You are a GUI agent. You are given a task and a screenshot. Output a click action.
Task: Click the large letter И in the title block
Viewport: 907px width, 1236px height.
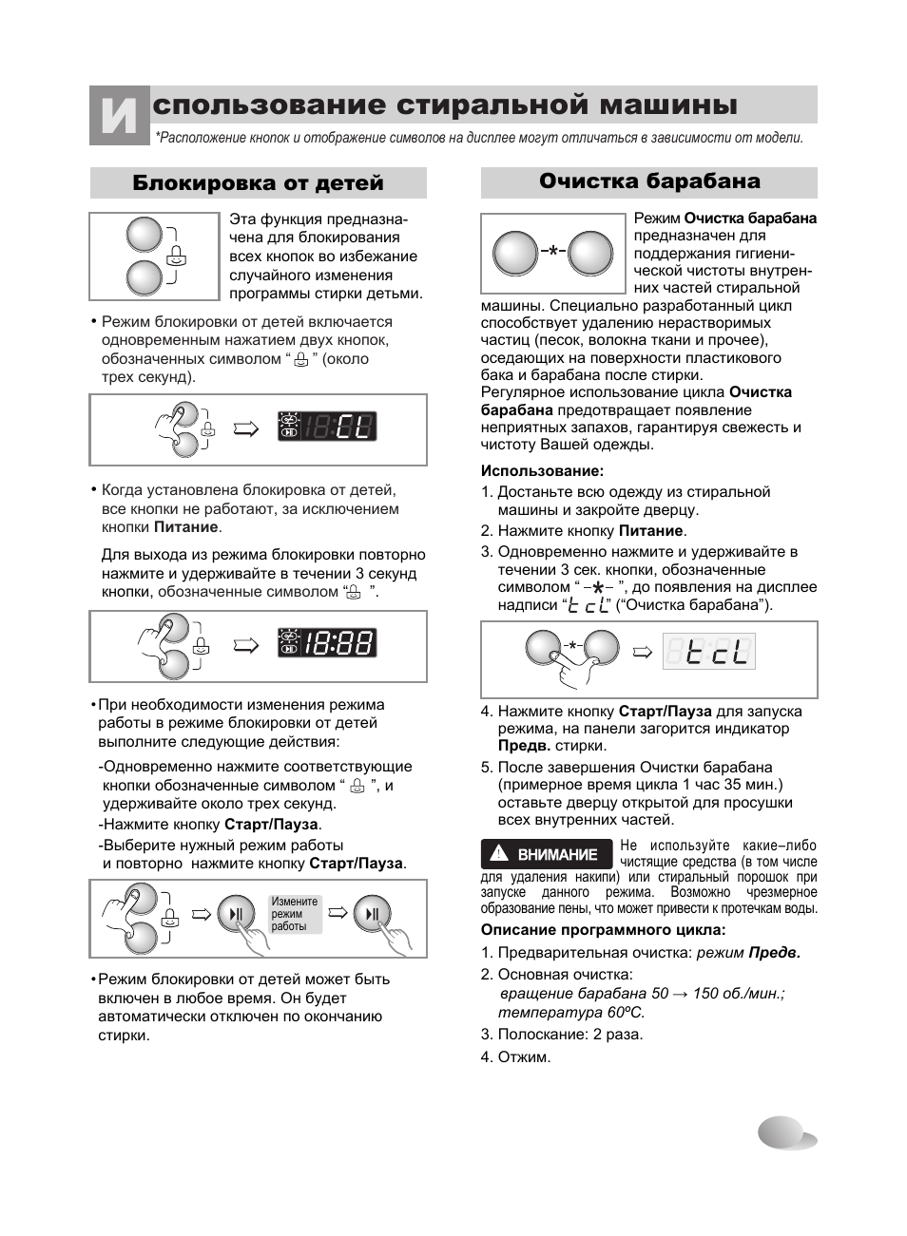pyautogui.click(x=119, y=115)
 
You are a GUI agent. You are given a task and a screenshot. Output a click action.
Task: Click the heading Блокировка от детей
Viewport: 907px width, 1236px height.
pyautogui.click(x=258, y=182)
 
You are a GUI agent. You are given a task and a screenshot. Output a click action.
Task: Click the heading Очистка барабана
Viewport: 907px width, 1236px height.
pyautogui.click(x=649, y=181)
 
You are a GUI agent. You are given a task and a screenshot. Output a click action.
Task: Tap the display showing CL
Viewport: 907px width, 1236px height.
pyautogui.click(x=327, y=426)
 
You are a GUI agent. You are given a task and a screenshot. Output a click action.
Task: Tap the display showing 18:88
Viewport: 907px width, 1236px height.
pyautogui.click(x=327, y=643)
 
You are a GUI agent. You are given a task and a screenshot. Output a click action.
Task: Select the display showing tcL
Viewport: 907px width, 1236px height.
pyautogui.click(x=709, y=652)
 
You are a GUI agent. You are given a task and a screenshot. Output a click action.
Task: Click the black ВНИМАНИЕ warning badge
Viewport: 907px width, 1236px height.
pyautogui.click(x=547, y=854)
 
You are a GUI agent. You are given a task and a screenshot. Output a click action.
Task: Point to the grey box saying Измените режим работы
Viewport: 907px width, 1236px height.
pyautogui.click(x=295, y=914)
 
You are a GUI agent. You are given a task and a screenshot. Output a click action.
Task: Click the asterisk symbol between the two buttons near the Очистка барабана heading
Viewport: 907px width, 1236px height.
pyautogui.click(x=553, y=251)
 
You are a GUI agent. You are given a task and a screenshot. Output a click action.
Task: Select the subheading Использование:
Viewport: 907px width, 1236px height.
pyautogui.click(x=542, y=470)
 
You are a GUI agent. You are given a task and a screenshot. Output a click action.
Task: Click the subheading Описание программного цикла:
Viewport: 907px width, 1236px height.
pyautogui.click(x=603, y=930)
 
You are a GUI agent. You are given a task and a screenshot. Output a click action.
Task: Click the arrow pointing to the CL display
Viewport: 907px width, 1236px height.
pyautogui.click(x=246, y=428)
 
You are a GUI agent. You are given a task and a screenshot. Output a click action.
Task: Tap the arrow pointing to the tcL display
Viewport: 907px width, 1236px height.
pyautogui.click(x=642, y=653)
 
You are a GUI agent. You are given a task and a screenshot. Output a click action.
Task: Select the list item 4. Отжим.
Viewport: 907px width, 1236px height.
pyautogui.click(x=515, y=1057)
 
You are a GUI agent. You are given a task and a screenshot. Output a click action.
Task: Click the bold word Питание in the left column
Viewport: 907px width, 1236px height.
pyautogui.click(x=185, y=527)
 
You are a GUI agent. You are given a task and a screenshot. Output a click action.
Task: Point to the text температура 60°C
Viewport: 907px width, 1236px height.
pyautogui.click(x=571, y=1013)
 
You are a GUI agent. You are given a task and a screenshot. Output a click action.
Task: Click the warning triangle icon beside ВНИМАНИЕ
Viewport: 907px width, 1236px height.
pyautogui.click(x=499, y=853)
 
